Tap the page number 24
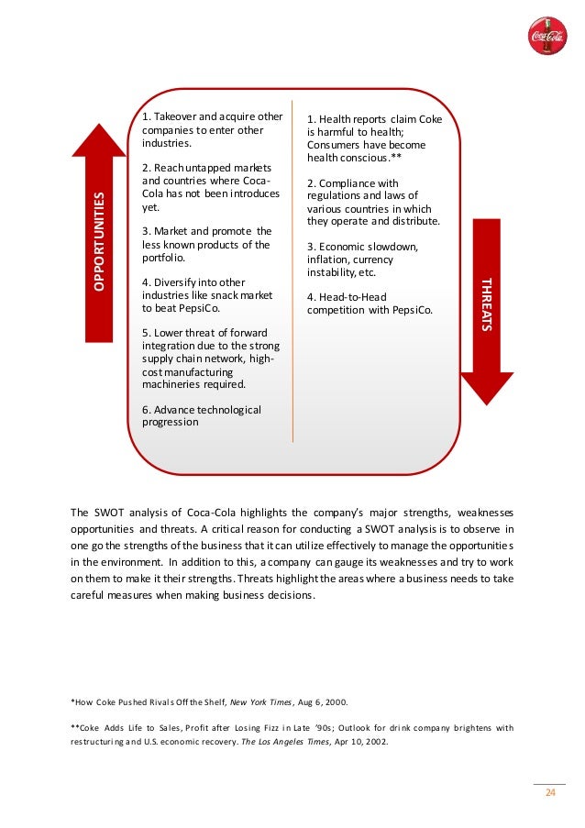550,794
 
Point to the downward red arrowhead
487,386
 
